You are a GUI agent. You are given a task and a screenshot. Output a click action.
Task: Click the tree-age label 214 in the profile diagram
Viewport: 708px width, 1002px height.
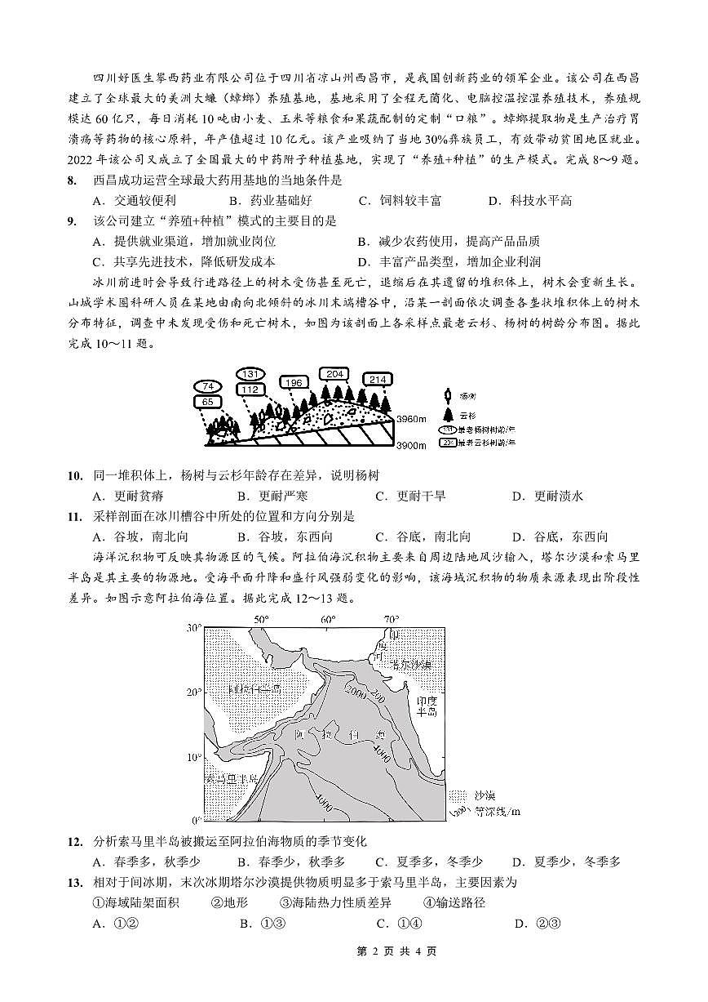378,379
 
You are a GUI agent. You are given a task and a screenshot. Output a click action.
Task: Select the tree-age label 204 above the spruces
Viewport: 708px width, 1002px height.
334,374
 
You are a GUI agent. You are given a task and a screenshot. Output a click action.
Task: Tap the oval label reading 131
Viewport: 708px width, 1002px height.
251,374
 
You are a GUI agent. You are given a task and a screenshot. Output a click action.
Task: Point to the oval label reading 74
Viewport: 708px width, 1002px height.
208,386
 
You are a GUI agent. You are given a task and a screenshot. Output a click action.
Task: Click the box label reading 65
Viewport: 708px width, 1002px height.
208,402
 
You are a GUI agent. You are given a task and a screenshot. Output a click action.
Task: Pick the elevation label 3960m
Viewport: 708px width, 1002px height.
411,419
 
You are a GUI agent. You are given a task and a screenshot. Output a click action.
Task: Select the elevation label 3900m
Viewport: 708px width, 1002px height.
411,445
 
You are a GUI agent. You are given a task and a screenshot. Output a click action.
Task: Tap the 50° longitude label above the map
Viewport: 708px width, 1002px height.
261,619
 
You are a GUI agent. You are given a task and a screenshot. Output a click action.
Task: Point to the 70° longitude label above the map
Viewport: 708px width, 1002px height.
392,619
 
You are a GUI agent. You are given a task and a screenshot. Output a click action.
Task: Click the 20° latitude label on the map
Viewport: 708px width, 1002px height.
194,692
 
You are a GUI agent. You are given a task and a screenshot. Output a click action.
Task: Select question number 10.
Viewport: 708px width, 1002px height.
75,475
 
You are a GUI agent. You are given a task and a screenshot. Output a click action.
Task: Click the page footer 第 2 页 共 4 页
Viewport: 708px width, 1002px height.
353,951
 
